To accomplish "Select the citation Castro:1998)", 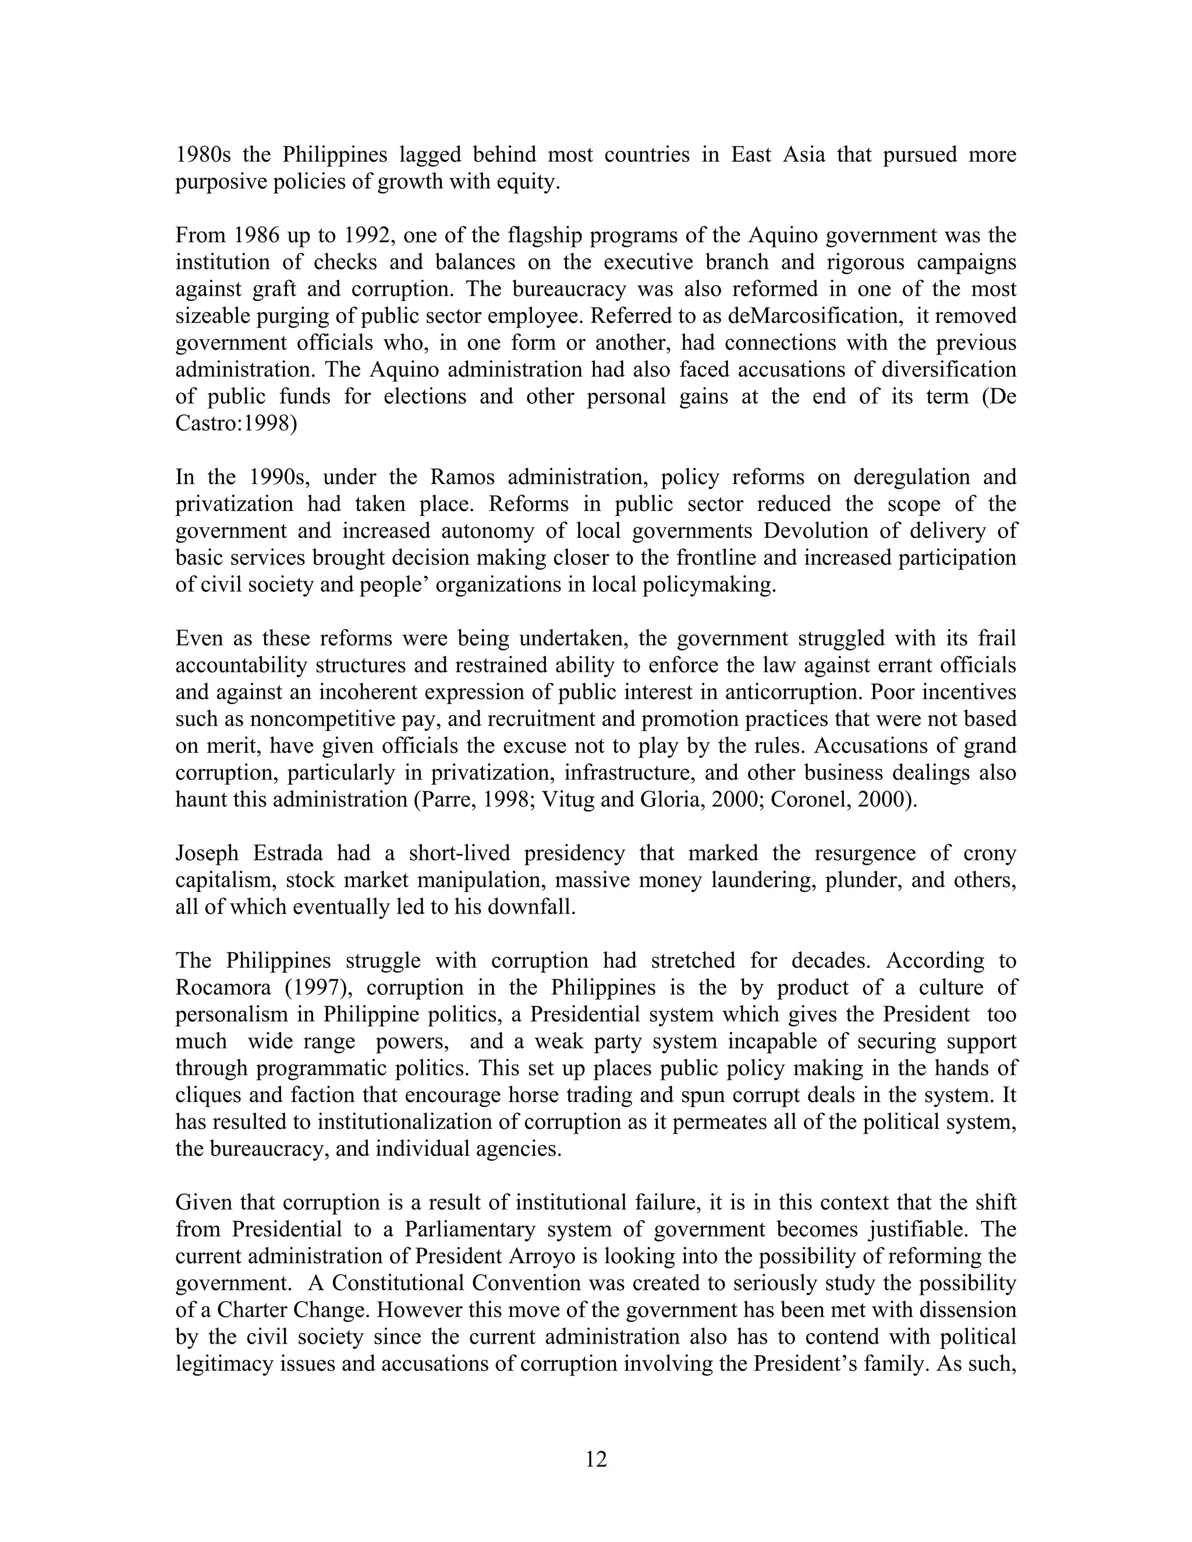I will pyautogui.click(x=236, y=424).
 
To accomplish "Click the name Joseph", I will pyautogui.click(x=207, y=854).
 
